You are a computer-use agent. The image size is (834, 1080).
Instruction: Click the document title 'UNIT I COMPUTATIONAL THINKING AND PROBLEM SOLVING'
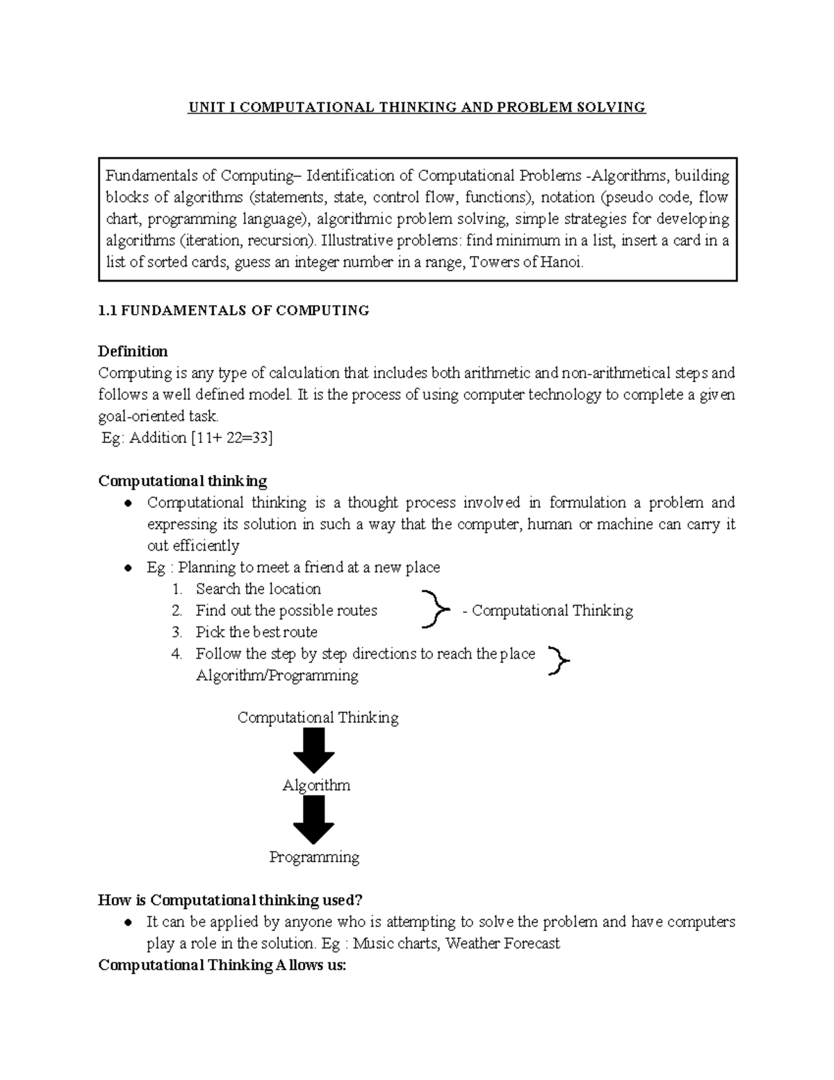click(x=417, y=107)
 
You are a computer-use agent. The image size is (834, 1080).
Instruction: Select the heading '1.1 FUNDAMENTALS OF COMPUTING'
click(x=234, y=311)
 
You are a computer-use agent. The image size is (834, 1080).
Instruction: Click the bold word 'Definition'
click(x=133, y=351)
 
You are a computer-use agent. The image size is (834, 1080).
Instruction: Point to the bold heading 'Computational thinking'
click(x=183, y=481)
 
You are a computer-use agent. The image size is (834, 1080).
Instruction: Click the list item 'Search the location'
click(x=258, y=589)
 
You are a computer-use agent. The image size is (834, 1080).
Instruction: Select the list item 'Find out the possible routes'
click(x=286, y=611)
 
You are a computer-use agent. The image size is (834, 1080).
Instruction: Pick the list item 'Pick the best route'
click(x=256, y=632)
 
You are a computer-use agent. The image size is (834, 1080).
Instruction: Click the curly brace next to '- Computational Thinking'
click(x=434, y=609)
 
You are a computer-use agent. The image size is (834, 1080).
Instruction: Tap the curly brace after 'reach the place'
click(x=559, y=660)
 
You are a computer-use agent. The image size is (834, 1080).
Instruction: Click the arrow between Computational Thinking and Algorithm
click(x=314, y=751)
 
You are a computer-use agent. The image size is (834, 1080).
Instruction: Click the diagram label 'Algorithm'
click(x=316, y=786)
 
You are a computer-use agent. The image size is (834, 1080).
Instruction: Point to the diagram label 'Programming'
click(x=314, y=857)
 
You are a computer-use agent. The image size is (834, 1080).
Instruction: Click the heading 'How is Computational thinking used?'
click(x=231, y=901)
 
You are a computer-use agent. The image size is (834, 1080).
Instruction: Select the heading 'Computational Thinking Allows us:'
click(x=222, y=965)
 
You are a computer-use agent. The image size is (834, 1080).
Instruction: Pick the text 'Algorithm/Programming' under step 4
click(x=277, y=675)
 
